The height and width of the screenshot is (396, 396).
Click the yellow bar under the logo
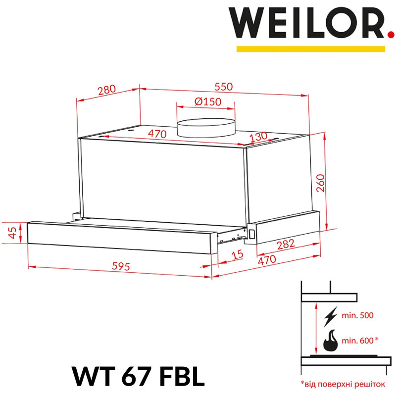(x=310, y=49)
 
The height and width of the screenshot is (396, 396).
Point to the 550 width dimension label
(x=223, y=86)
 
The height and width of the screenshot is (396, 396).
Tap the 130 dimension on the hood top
(x=258, y=137)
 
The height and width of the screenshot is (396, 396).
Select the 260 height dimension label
(x=321, y=184)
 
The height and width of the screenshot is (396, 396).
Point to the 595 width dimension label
(x=120, y=266)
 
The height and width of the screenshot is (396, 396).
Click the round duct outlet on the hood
(x=206, y=127)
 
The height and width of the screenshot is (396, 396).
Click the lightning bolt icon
(x=330, y=315)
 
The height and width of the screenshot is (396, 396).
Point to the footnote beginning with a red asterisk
(x=342, y=383)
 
